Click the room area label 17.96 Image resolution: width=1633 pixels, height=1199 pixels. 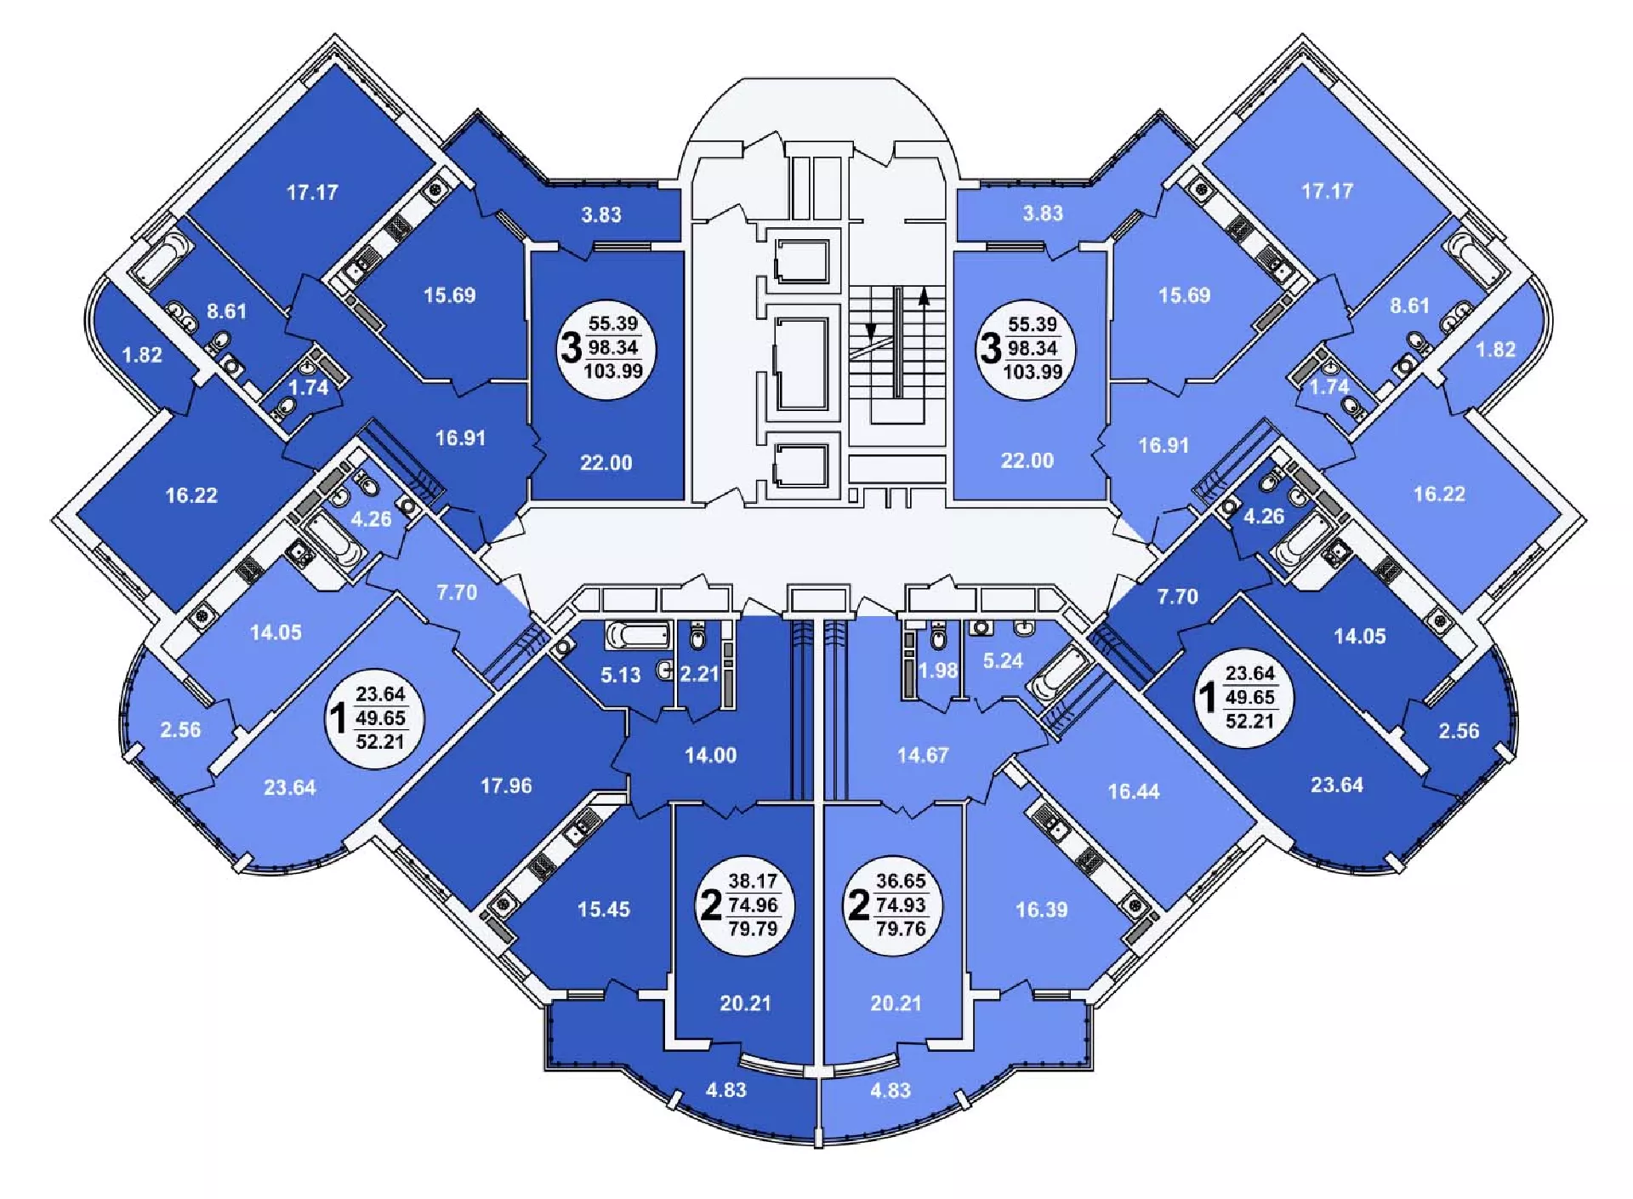pyautogui.click(x=506, y=785)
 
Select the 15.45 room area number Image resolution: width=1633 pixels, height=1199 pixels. pyautogui.click(x=604, y=909)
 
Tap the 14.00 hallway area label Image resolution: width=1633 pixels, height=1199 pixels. pyautogui.click(x=711, y=755)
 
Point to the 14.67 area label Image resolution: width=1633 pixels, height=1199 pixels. pyautogui.click(x=922, y=755)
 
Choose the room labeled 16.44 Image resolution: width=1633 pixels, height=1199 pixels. pyautogui.click(x=1133, y=791)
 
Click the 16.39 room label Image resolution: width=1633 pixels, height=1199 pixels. pyautogui.click(x=1041, y=910)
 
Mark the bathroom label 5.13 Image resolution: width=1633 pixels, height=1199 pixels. pyautogui.click(x=620, y=675)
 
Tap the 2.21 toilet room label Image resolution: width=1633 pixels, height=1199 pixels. pyautogui.click(x=699, y=674)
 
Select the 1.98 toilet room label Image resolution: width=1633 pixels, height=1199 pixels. pyautogui.click(x=938, y=671)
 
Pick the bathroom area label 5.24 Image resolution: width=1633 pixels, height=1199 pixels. pyautogui.click(x=1003, y=660)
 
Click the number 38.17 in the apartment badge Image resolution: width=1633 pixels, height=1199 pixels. pyautogui.click(x=753, y=881)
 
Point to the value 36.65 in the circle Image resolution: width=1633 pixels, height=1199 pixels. pyautogui.click(x=901, y=881)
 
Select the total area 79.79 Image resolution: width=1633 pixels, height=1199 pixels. pyautogui.click(x=753, y=928)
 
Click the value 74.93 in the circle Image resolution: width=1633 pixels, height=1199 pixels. pyautogui.click(x=901, y=905)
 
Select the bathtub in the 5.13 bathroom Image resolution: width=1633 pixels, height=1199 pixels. pyautogui.click(x=638, y=635)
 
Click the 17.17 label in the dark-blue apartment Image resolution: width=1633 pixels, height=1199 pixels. pyautogui.click(x=312, y=192)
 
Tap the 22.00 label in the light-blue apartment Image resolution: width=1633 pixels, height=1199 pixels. pyautogui.click(x=1027, y=460)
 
